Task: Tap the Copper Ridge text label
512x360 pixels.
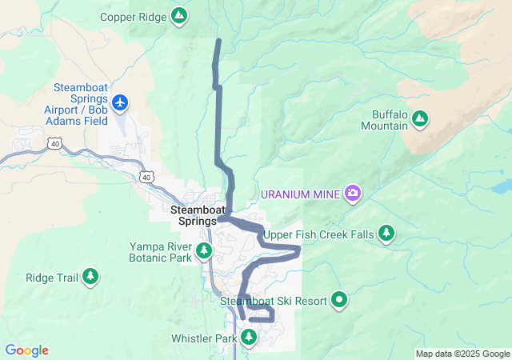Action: pyautogui.click(x=134, y=16)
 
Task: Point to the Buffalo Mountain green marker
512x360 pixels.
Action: pyautogui.click(x=420, y=119)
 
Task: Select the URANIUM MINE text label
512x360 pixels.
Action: pyautogui.click(x=301, y=194)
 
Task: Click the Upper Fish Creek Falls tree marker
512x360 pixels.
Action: pyautogui.click(x=387, y=233)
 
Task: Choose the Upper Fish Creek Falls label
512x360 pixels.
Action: pyautogui.click(x=318, y=234)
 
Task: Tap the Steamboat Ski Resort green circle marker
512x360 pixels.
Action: pyautogui.click(x=340, y=300)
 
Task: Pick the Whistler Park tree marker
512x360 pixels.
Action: pyautogui.click(x=248, y=338)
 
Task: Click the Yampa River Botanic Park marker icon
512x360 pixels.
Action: pyautogui.click(x=204, y=252)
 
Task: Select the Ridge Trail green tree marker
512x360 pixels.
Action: pyautogui.click(x=90, y=277)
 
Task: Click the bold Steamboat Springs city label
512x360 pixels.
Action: pyautogui.click(x=194, y=214)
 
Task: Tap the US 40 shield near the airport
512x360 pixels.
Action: pyautogui.click(x=54, y=143)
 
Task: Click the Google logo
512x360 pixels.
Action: pyautogui.click(x=26, y=350)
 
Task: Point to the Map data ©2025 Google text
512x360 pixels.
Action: pyautogui.click(x=462, y=354)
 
